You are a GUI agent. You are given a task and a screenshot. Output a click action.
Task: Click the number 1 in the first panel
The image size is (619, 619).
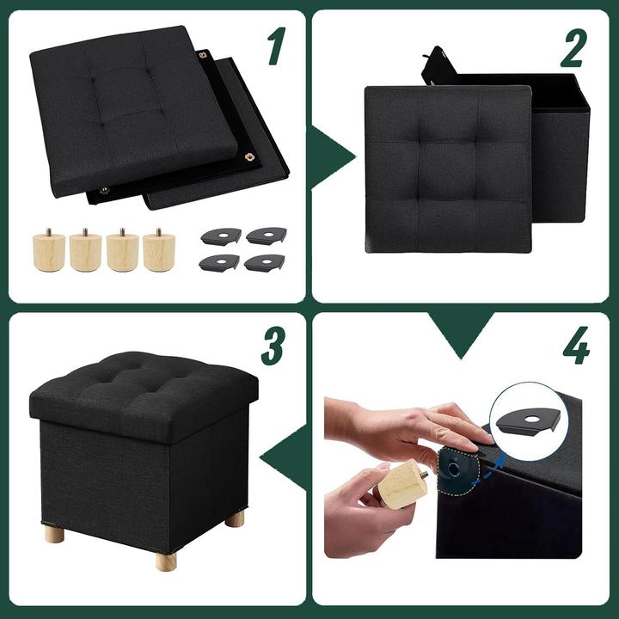(275, 46)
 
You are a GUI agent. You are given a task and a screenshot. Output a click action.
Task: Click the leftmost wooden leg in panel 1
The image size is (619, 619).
(49, 250)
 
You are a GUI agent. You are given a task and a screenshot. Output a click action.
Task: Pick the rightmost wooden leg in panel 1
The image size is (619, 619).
(158, 250)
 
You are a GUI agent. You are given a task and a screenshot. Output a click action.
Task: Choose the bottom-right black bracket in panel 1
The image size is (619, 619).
(265, 262)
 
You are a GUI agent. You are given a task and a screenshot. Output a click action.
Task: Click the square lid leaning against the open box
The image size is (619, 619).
(447, 167)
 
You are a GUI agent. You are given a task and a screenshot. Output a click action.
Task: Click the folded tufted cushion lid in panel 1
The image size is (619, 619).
(133, 103)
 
